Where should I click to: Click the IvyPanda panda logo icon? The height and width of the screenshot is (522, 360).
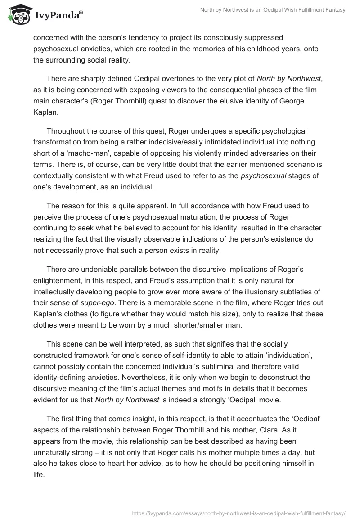click(x=18, y=14)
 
